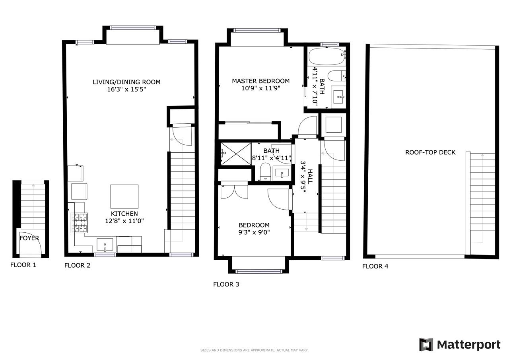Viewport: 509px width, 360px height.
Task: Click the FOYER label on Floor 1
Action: click(x=29, y=238)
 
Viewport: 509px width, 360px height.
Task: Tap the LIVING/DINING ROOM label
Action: click(x=126, y=82)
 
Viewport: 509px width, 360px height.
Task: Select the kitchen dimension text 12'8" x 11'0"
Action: click(x=124, y=221)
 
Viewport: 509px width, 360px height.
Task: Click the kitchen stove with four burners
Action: click(x=79, y=223)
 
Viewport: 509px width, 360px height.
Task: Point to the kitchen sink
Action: click(x=105, y=245)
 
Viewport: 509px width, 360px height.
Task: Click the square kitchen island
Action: click(x=124, y=197)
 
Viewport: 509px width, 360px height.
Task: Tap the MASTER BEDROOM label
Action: click(x=260, y=81)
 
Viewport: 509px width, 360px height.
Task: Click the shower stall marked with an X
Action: click(x=236, y=154)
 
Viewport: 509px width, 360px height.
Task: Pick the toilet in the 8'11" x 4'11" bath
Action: click(x=265, y=172)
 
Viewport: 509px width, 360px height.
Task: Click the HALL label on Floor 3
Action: click(x=310, y=176)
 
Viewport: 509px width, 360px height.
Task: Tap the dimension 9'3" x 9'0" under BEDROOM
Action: click(x=254, y=232)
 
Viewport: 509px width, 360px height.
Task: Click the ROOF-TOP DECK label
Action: click(x=430, y=152)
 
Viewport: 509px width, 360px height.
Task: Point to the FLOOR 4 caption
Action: click(x=375, y=266)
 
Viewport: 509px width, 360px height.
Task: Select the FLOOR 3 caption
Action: click(x=226, y=284)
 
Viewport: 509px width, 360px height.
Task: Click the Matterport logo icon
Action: click(x=426, y=344)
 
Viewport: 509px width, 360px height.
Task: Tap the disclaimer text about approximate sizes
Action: click(x=254, y=350)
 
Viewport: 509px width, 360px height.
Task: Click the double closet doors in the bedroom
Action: click(x=235, y=192)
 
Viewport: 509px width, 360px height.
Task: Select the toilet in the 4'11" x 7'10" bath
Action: click(x=337, y=76)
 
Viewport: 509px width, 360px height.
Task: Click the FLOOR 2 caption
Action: click(x=77, y=265)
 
